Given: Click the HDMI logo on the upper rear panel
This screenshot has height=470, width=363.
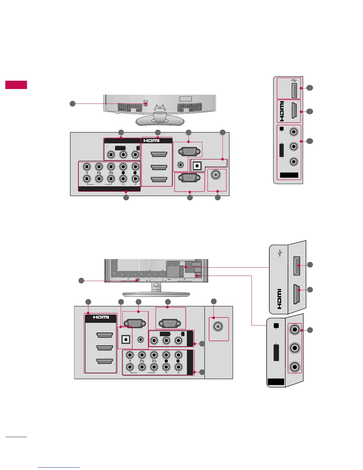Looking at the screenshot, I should point(152,140).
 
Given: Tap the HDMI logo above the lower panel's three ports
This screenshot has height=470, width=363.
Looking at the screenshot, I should point(101,317).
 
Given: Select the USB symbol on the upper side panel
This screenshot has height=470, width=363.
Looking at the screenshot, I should point(294,80).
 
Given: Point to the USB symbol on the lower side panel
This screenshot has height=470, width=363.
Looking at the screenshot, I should point(280,253).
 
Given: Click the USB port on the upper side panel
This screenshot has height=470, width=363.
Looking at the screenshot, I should point(294,90).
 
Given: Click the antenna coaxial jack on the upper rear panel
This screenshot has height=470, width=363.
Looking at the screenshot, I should point(216,175).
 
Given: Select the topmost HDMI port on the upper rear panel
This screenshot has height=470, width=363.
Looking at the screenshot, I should point(159,154).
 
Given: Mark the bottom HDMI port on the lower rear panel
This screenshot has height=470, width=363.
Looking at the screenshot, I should point(105,361).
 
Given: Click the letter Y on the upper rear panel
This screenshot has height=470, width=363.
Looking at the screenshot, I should point(87,173).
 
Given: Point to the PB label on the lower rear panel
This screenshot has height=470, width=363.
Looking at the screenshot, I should point(142,361).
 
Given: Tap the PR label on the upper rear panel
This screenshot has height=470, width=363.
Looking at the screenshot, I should point(111,173).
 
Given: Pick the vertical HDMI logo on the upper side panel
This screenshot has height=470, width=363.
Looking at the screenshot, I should point(282,111).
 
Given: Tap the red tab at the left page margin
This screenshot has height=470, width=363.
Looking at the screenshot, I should point(16,85).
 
